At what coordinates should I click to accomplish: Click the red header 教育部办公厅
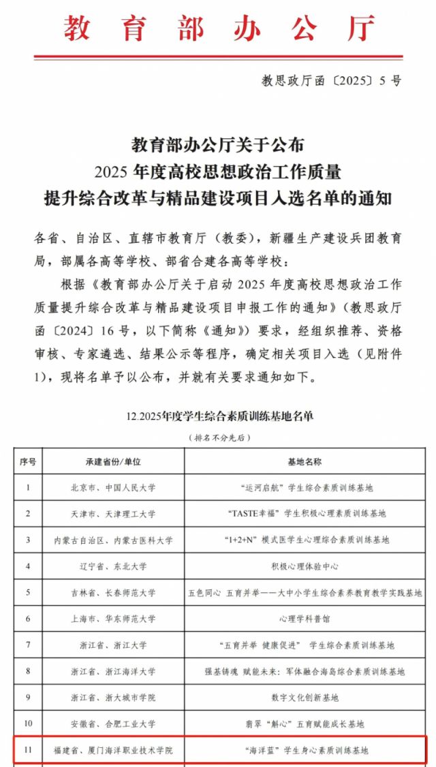[219, 29]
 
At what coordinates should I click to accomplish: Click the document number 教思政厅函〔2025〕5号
[332, 81]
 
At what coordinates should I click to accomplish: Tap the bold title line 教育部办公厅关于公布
[218, 144]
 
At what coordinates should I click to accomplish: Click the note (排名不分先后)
[219, 437]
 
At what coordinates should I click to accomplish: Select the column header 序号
[28, 461]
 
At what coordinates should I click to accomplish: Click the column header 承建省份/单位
[113, 461]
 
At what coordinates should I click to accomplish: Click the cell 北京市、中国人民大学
[113, 487]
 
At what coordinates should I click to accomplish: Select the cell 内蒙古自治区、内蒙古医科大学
[113, 540]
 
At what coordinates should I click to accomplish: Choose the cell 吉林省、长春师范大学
[113, 592]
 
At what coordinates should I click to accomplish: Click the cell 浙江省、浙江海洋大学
[113, 671]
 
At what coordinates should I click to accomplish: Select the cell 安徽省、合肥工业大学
[113, 723]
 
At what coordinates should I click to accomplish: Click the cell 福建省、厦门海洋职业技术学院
[113, 750]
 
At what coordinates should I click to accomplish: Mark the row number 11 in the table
[28, 750]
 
